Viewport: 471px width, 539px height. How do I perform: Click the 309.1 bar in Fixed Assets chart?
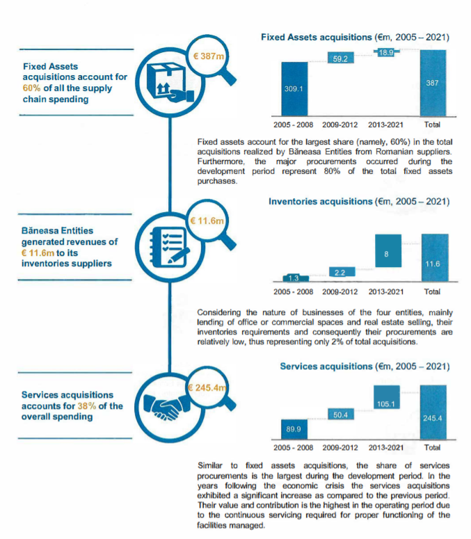(x=295, y=88)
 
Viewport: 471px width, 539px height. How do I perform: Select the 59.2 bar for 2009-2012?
(x=341, y=60)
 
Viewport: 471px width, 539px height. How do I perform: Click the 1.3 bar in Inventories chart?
(x=294, y=277)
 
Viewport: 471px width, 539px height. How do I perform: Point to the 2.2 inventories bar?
(x=341, y=271)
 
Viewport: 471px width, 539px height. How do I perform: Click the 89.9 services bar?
(x=294, y=428)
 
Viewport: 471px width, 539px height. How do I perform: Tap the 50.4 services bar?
(x=341, y=415)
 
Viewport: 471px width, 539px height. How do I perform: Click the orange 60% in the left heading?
(x=31, y=88)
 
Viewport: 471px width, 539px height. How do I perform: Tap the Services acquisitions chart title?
(x=365, y=366)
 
